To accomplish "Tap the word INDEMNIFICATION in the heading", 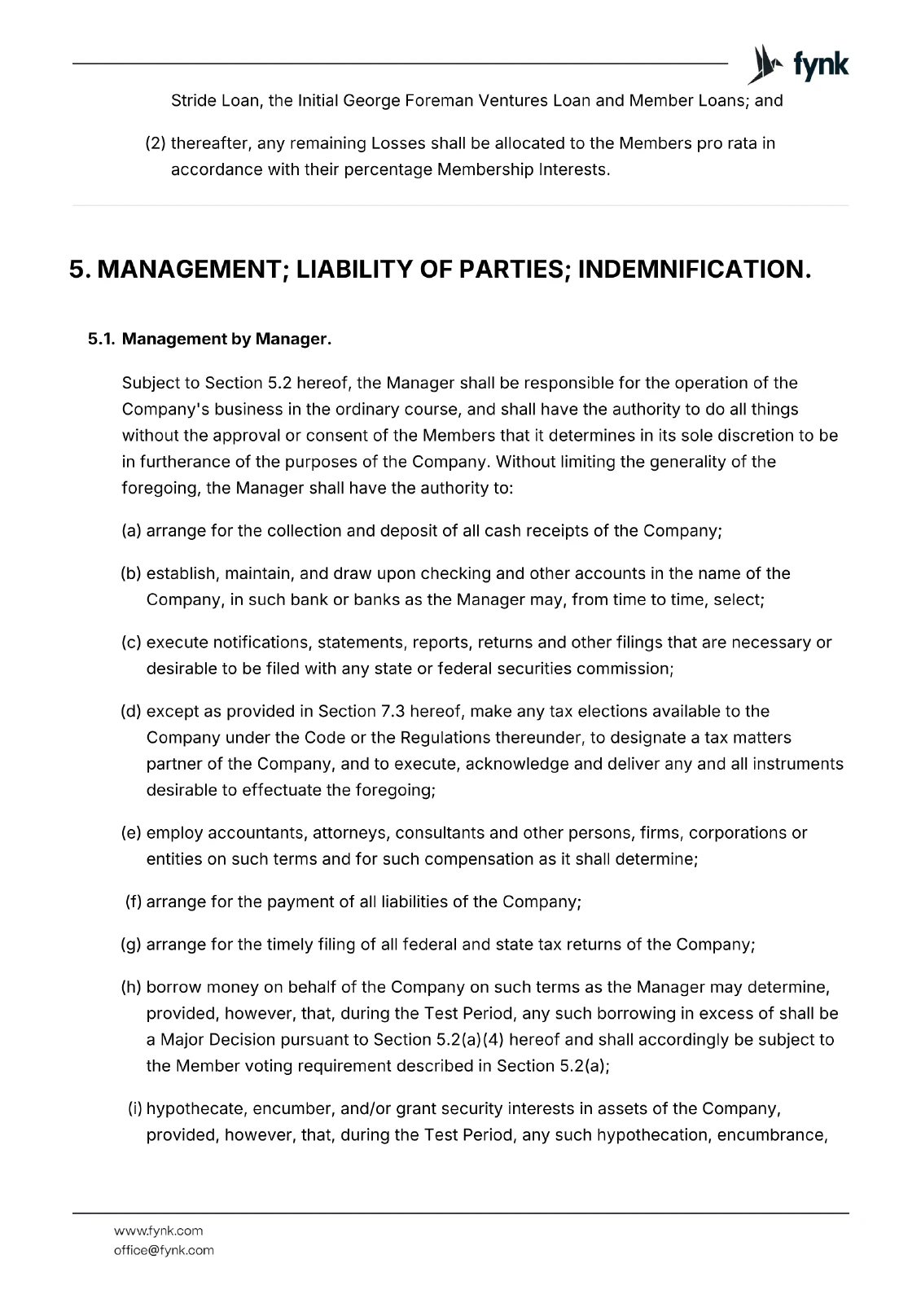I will (x=695, y=270).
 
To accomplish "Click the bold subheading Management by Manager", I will (x=226, y=339).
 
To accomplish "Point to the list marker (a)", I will (x=131, y=531).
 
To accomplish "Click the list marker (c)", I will (x=131, y=643).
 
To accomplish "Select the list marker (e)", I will (x=131, y=833).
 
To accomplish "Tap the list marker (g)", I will (x=131, y=945).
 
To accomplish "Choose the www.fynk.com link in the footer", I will (x=158, y=1231).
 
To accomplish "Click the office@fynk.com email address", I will (x=163, y=1250).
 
